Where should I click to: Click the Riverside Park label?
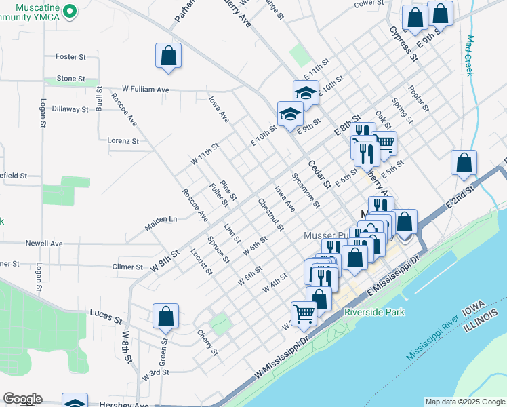pyautogui.click(x=374, y=313)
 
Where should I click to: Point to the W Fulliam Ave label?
pyautogui.click(x=145, y=89)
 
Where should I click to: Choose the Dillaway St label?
pyautogui.click(x=70, y=109)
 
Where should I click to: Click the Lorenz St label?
pyautogui.click(x=123, y=141)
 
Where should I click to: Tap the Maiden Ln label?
pyautogui.click(x=161, y=220)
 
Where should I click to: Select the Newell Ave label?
pyautogui.click(x=44, y=243)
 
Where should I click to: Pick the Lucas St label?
pyautogui.click(x=105, y=314)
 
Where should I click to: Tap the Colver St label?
pyautogui.click(x=369, y=3)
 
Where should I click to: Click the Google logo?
pyautogui.click(x=22, y=399)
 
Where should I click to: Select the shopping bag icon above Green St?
pyautogui.click(x=166, y=316)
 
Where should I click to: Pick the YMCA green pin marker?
pyautogui.click(x=75, y=11)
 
